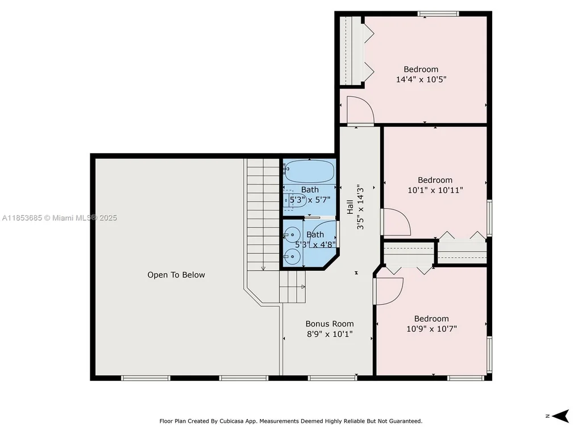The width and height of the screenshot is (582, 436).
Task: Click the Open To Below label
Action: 176,275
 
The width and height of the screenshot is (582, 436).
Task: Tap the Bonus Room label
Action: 330,324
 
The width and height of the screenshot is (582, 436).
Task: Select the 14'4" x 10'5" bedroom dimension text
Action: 421,79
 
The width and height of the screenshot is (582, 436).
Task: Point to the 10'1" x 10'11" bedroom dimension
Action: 435,190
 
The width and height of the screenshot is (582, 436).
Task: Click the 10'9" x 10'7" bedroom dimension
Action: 432,329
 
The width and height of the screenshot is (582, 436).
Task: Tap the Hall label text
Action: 350,207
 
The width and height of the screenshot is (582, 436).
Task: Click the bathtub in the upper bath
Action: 309,171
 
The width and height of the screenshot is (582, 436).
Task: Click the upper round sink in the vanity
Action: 292,235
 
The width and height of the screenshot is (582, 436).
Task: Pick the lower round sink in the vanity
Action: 292,257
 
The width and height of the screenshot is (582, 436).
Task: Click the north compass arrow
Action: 560,416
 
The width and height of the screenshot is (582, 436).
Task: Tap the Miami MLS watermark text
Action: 59,218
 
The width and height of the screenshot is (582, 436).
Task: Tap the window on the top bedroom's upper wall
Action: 438,14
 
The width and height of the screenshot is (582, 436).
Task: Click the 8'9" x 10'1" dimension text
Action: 330,334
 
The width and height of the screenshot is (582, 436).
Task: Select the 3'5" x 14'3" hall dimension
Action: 360,208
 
